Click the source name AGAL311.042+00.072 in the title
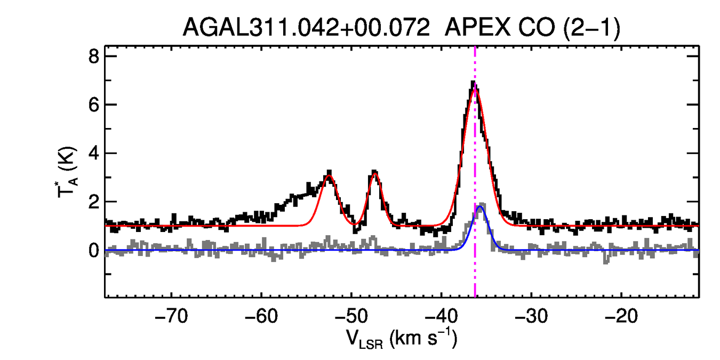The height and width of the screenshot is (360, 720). pyautogui.click(x=306, y=27)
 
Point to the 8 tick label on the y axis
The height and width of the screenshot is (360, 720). pyautogui.click(x=94, y=56)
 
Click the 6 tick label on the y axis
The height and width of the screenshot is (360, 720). pyautogui.click(x=94, y=105)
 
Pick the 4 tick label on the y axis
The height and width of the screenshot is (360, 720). pyautogui.click(x=94, y=153)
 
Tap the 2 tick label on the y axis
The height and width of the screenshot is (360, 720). pyautogui.click(x=94, y=202)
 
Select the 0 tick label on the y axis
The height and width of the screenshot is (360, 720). pyautogui.click(x=94, y=250)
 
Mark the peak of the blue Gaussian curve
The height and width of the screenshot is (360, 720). pyautogui.click(x=480, y=206)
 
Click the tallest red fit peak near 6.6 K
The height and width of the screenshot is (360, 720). pyautogui.click(x=475, y=90)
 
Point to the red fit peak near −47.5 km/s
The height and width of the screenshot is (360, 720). pyautogui.click(x=375, y=173)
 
